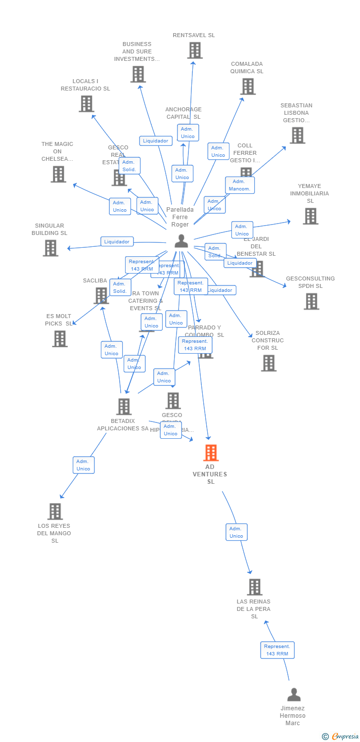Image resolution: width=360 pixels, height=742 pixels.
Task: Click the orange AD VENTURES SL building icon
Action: (x=211, y=453)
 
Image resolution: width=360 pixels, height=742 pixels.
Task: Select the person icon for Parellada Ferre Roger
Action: (x=181, y=241)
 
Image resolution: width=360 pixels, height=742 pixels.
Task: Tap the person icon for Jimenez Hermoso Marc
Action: (x=294, y=695)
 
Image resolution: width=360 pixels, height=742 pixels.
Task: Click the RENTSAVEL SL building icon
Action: (x=195, y=50)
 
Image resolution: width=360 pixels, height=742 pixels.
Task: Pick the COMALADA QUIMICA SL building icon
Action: (x=248, y=86)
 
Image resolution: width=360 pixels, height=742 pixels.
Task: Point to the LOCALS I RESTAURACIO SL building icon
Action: (x=86, y=104)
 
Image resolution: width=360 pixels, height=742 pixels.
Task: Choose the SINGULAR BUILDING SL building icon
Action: (x=50, y=248)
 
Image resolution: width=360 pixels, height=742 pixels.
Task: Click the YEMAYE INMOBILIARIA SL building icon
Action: (x=310, y=216)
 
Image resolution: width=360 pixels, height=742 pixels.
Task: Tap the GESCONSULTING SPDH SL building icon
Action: (x=311, y=301)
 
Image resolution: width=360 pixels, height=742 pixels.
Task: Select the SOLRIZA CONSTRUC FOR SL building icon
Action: (x=269, y=363)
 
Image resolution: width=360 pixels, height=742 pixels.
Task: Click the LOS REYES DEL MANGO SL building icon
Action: (x=55, y=511)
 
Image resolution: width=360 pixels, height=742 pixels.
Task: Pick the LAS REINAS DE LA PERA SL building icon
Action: (x=254, y=587)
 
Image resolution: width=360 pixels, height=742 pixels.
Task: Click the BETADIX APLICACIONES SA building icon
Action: (x=124, y=407)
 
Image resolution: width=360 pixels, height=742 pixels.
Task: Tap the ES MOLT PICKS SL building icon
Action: (x=60, y=339)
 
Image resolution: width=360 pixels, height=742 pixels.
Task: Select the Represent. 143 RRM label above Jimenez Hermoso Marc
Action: (x=277, y=650)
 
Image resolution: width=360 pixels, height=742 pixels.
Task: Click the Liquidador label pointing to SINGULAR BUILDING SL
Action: (x=117, y=242)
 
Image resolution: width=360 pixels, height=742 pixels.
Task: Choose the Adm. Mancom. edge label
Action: (x=240, y=185)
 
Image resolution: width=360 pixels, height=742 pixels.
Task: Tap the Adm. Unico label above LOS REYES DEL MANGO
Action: (x=84, y=465)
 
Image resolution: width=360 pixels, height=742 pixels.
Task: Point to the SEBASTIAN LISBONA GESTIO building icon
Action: (x=297, y=135)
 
